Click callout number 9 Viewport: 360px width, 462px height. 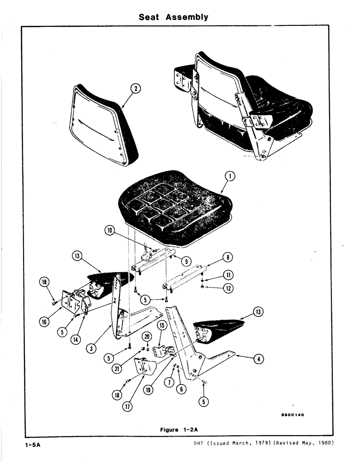[x=187, y=261]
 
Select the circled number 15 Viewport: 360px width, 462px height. [x=162, y=325]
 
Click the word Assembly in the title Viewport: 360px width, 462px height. [x=187, y=18]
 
